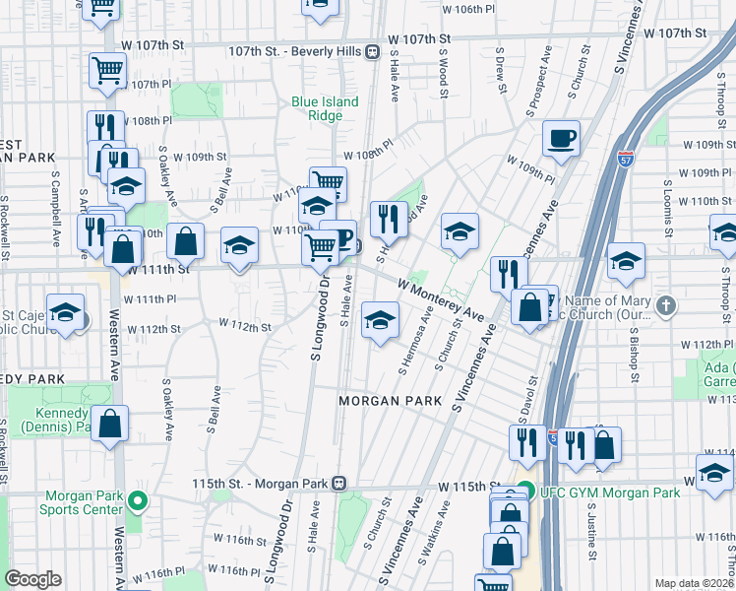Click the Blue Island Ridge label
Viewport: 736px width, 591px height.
325,108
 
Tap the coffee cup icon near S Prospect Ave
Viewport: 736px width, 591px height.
561,138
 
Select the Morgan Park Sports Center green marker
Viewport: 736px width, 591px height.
137,501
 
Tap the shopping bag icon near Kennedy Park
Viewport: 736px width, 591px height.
112,424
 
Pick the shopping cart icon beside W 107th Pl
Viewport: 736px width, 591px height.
107,70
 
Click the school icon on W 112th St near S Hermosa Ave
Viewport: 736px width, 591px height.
381,320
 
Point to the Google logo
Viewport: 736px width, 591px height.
32,579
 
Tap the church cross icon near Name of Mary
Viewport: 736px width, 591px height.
668,305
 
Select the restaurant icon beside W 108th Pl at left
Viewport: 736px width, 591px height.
105,128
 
